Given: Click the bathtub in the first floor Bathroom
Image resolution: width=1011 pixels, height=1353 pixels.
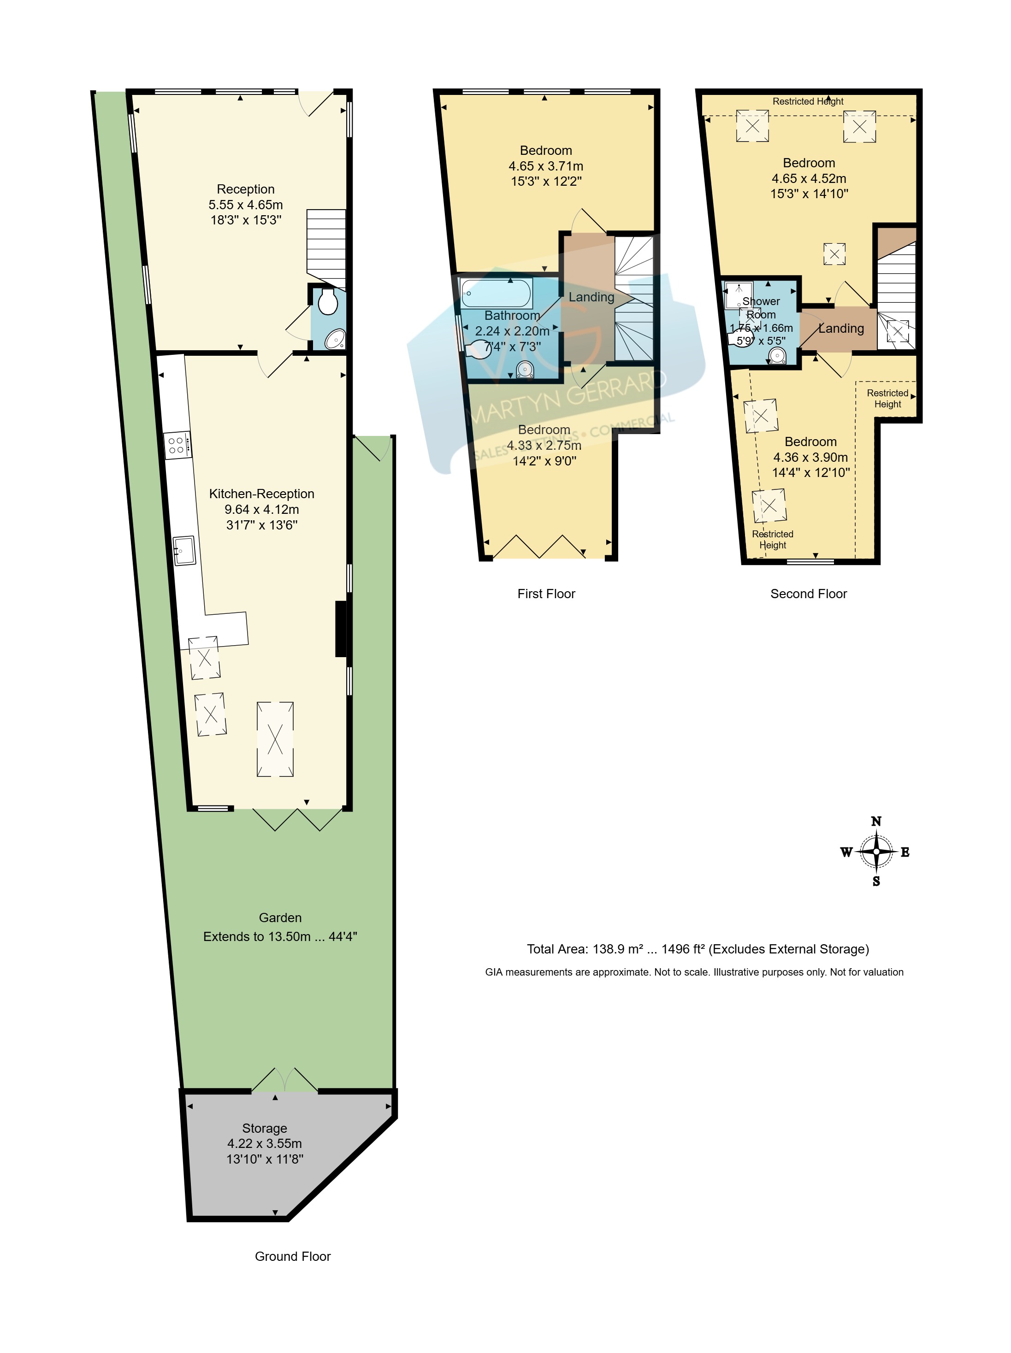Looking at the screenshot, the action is point(497,294).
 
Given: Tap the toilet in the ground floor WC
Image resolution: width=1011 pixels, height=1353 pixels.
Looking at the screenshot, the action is point(328,302).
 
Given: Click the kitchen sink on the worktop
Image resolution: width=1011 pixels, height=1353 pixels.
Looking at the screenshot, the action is point(184,551).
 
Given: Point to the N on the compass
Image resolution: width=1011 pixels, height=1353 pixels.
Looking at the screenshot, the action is point(876,822).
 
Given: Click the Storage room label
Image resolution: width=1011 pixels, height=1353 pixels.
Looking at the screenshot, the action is point(264,1128).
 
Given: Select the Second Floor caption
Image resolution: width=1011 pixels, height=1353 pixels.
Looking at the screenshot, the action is point(809,594).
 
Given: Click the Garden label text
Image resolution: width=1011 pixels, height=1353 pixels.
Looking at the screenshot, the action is point(280,918).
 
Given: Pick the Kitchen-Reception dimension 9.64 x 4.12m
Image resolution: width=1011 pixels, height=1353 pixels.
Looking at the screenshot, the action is point(262,510).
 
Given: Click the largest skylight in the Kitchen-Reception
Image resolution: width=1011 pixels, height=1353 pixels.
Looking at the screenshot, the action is point(275,740).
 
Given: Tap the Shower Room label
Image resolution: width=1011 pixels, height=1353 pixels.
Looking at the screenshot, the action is point(761,308).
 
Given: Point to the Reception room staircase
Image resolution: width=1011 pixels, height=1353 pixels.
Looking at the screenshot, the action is point(326,249).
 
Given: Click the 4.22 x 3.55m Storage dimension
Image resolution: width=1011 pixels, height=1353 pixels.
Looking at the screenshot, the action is point(264,1143).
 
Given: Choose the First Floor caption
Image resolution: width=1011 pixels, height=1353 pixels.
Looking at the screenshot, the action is point(546,594).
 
